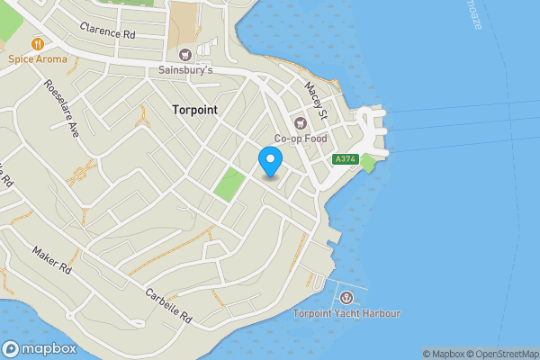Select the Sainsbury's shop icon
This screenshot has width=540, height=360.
(x=185, y=54)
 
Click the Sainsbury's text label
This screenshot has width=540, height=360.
(x=185, y=70)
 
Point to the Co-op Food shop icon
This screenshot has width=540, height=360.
(x=300, y=122)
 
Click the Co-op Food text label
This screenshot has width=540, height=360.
(x=300, y=139)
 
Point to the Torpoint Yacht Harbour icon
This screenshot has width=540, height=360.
(x=347, y=297)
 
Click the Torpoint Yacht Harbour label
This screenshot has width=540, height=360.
(x=346, y=313)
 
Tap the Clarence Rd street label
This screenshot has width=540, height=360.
(x=106, y=30)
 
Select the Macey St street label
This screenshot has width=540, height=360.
(x=316, y=100)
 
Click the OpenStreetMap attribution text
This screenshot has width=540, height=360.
(x=500, y=354)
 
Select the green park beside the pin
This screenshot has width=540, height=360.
(x=229, y=185)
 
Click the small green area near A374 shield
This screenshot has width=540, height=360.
(x=368, y=163)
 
